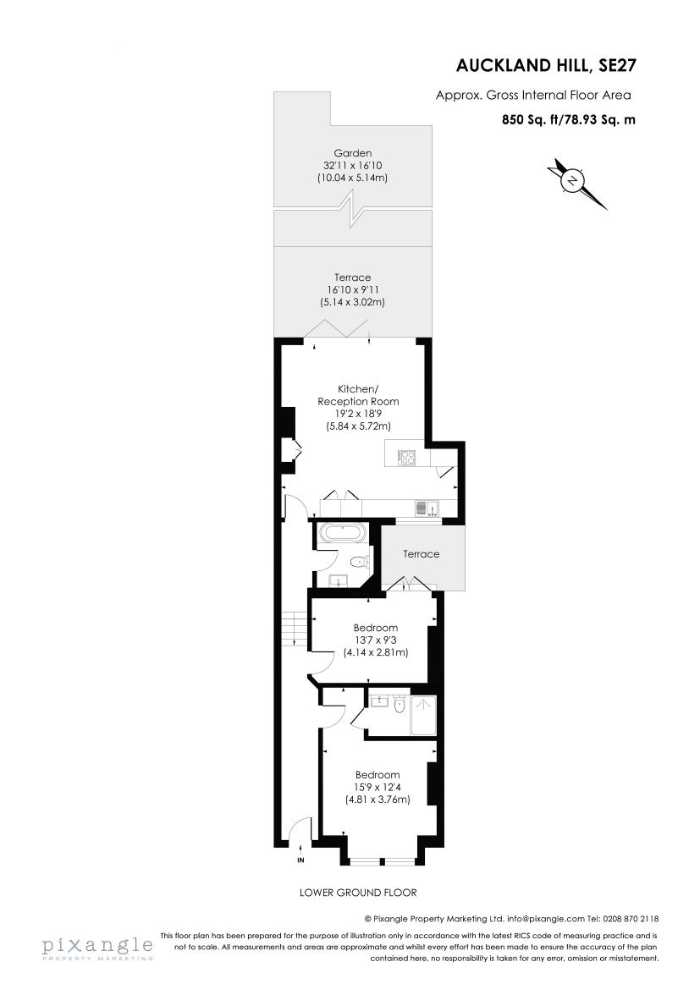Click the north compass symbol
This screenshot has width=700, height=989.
[x=575, y=181]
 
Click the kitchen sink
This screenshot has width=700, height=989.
[x=426, y=508]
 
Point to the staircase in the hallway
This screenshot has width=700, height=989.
[x=294, y=630]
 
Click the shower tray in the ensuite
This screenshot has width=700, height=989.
[x=423, y=715]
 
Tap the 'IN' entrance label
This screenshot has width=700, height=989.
[x=300, y=861]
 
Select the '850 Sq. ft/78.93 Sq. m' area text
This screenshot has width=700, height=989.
[x=569, y=120]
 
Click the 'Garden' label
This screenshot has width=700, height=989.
[x=353, y=153]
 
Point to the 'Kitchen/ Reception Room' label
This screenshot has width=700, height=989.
[x=357, y=394]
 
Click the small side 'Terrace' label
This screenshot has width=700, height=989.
[x=421, y=554]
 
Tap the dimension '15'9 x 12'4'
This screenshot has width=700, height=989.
[x=378, y=787]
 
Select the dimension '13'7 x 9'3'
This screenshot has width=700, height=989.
[x=376, y=640]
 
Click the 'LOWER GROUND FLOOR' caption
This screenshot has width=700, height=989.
[x=358, y=893]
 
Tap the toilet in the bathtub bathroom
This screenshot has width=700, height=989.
[x=360, y=560]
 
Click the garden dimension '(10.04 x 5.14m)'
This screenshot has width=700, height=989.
[x=353, y=179]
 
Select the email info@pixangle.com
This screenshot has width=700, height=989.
[x=545, y=918]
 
